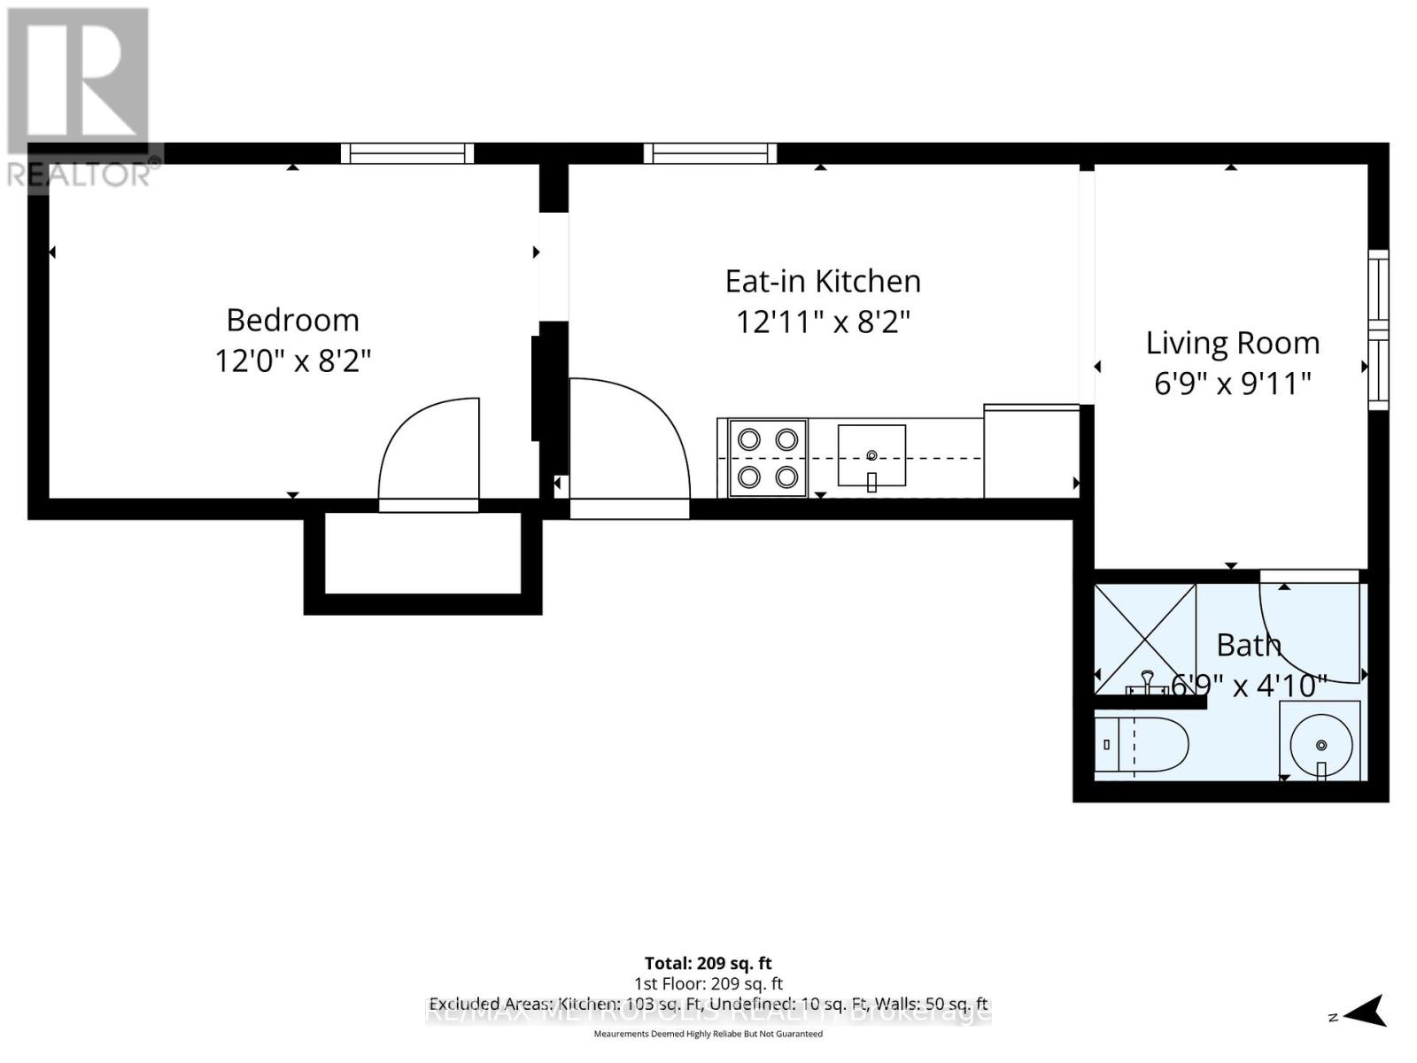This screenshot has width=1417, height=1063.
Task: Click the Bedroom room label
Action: (292, 320)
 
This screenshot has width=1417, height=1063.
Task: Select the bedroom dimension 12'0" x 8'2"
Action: (292, 361)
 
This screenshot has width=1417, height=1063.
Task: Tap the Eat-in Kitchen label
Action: (823, 281)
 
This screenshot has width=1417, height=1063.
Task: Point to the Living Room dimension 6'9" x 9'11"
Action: (1232, 384)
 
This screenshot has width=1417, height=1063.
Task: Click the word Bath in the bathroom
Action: (1248, 645)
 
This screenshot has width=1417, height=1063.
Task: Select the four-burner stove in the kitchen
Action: (768, 458)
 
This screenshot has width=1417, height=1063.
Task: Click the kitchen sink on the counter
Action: (871, 456)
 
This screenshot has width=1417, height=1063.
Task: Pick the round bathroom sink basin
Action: (1320, 741)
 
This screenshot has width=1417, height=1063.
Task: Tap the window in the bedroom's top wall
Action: (407, 153)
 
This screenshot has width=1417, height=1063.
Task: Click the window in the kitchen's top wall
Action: (710, 153)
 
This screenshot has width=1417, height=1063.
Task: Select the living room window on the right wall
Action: (1378, 330)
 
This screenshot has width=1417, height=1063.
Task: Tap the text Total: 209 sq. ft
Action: (708, 963)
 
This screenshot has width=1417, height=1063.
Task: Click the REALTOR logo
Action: (81, 97)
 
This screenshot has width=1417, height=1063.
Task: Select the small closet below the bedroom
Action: (422, 554)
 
